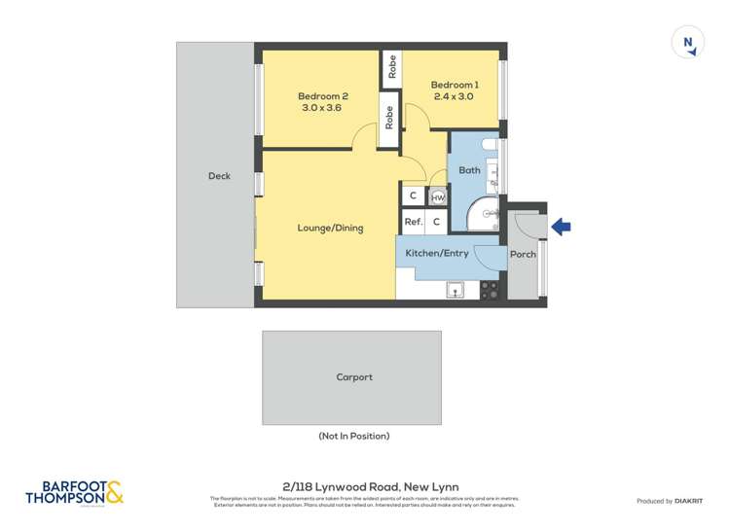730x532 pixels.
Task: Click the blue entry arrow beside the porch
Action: tap(562, 228)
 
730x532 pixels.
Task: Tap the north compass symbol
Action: tap(688, 43)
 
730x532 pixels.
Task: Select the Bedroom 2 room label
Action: tap(323, 96)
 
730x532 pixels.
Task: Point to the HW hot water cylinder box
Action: tap(438, 197)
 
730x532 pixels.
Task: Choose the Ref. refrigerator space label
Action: tap(413, 222)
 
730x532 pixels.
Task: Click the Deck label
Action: tap(219, 176)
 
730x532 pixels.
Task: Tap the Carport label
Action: tap(354, 377)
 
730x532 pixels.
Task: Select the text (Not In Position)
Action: tap(354, 436)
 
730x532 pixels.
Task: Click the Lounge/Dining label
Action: tap(330, 229)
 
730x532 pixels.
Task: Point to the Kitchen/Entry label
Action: tap(437, 254)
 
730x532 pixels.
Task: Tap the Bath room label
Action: tap(469, 171)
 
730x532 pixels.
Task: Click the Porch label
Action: tap(523, 255)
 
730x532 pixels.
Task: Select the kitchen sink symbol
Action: tap(455, 289)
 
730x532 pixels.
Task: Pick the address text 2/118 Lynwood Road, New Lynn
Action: tap(364, 487)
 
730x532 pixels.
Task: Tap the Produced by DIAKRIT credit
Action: tap(669, 501)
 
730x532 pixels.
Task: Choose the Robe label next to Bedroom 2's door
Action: tap(389, 118)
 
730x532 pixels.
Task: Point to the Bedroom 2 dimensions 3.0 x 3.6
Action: tap(323, 108)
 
